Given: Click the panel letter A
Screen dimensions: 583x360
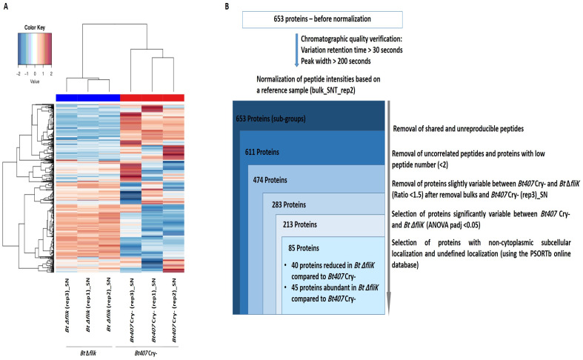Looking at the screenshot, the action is point(6,7).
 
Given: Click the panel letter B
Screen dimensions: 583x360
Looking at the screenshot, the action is point(227,7).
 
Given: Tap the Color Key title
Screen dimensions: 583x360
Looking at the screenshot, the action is point(35,27).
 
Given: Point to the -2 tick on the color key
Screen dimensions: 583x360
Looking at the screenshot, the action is point(19,73).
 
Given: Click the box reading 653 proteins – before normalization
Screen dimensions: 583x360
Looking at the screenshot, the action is point(322,19).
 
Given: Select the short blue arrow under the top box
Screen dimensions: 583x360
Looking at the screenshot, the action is point(297,50).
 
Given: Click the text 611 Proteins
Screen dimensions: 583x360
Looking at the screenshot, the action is point(261,152).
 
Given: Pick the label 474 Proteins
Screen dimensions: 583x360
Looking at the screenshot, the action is point(270,180).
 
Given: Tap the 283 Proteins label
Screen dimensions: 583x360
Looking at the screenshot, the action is point(289,205).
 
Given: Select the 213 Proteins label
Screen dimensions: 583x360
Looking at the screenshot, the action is point(300,224).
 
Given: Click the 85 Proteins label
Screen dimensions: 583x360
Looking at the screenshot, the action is point(304,248).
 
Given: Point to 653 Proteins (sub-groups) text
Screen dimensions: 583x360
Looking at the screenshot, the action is point(270,119).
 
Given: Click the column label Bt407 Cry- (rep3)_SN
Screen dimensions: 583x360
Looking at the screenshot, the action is point(132,310).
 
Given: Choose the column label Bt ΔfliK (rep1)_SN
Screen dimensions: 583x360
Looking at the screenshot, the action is point(88,305).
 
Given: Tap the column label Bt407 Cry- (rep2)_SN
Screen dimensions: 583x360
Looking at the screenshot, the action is point(173,310).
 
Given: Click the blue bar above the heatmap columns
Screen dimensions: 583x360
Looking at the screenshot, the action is point(87,98).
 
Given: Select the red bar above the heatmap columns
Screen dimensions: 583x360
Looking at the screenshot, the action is point(152,98).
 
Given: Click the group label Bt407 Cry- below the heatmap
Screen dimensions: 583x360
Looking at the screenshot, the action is point(146,353).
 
